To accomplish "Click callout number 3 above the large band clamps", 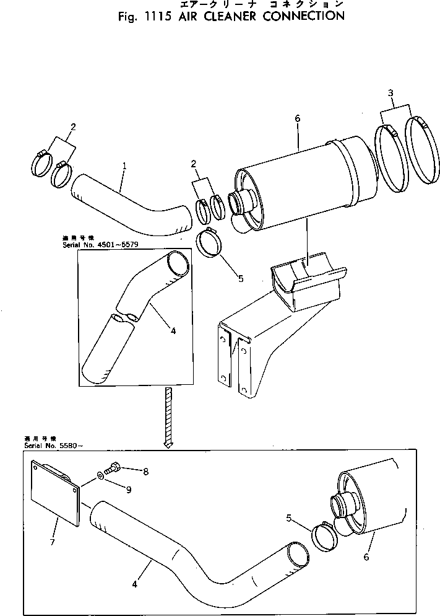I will click(x=390, y=93).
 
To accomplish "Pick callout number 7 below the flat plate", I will click(x=53, y=542).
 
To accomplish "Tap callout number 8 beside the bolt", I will click(x=145, y=472).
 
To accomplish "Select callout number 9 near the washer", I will click(x=129, y=490).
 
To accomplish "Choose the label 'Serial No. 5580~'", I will click(x=37, y=446).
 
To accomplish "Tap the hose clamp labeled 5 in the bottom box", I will click(x=324, y=534).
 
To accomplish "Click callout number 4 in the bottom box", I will click(x=134, y=583).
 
